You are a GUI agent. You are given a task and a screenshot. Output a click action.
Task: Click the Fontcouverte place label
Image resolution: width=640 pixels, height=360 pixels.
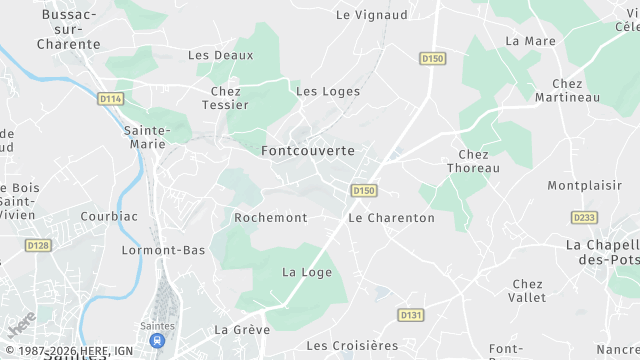click(307, 151)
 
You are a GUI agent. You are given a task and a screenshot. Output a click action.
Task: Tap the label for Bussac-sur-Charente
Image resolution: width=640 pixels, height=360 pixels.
click(68, 30)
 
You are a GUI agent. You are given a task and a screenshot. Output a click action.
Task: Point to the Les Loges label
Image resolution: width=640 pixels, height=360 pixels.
click(328, 92)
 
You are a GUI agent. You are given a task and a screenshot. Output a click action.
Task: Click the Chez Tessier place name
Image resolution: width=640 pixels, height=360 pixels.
click(225, 98)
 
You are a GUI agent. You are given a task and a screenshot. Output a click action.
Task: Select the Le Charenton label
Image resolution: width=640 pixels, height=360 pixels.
click(391, 217)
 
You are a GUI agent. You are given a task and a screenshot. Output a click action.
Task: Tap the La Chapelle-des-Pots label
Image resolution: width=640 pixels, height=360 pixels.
click(602, 252)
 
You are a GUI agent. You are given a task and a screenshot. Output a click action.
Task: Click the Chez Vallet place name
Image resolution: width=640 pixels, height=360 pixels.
click(528, 291)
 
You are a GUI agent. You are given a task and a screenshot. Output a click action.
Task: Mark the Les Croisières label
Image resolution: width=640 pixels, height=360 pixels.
click(352, 346)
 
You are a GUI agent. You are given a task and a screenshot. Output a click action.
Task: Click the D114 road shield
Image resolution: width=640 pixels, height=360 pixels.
click(110, 98)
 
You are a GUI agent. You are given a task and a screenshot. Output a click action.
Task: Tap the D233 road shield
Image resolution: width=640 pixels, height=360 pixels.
click(584, 217)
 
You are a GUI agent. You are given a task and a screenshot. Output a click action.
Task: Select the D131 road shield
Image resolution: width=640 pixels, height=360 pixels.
click(411, 315)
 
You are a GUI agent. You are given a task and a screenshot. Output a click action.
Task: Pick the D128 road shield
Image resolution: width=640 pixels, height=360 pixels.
click(38, 245)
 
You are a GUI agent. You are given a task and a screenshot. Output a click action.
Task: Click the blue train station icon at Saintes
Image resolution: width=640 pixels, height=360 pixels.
click(157, 341)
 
